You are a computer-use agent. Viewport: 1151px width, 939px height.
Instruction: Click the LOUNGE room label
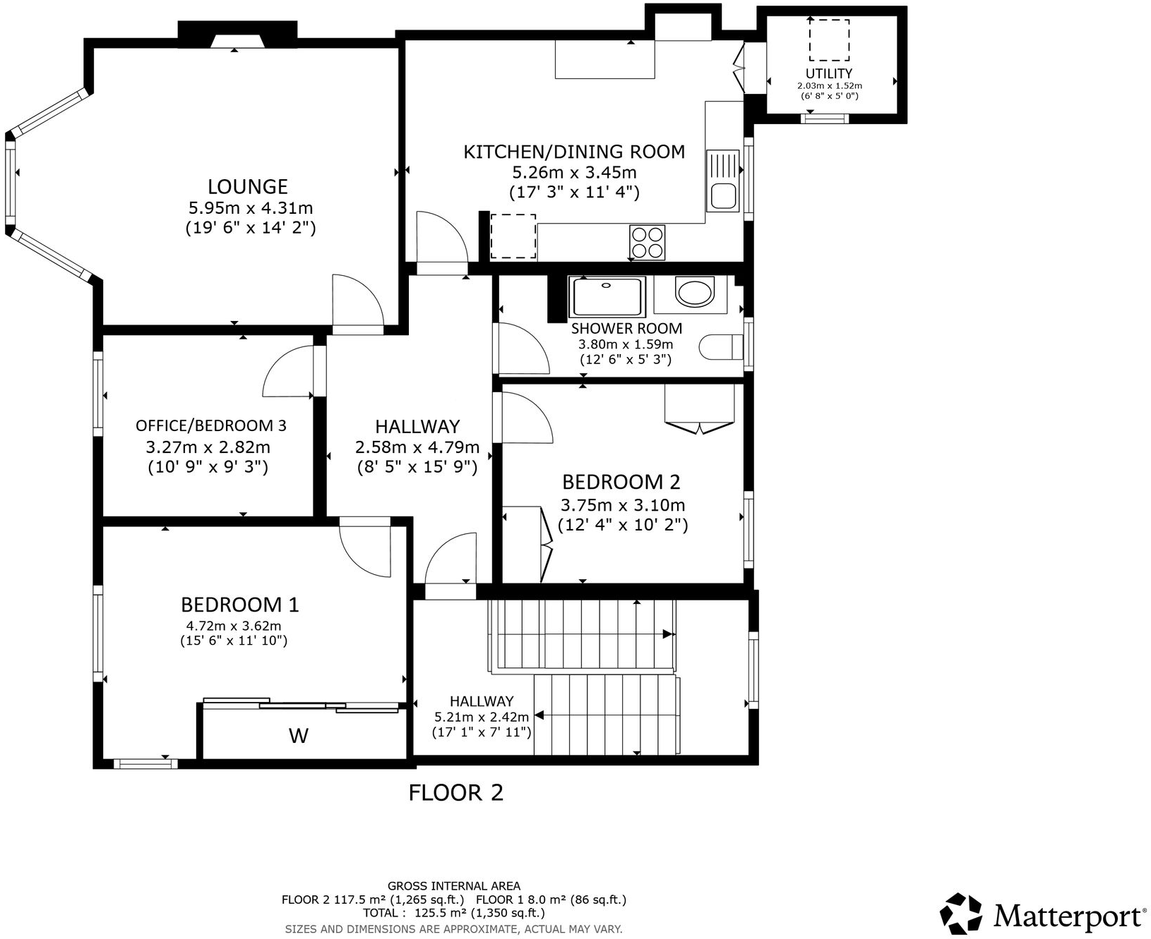(x=247, y=186)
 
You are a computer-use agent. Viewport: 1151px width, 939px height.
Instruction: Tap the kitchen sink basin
(x=723, y=195)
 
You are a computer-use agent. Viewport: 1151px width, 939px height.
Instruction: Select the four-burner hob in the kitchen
(x=648, y=242)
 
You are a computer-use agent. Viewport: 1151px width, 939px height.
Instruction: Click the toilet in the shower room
(x=720, y=347)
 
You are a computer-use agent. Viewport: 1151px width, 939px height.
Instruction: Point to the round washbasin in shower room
(x=694, y=292)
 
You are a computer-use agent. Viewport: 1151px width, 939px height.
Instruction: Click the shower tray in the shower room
(x=607, y=297)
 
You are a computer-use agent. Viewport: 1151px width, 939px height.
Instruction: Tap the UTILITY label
(x=829, y=73)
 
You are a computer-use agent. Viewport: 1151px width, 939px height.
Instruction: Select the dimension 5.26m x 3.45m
(x=574, y=172)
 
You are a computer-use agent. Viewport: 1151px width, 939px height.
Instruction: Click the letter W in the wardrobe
(x=299, y=736)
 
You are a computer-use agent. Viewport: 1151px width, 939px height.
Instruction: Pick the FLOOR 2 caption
(x=456, y=792)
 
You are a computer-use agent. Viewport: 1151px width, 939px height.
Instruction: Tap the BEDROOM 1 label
(x=240, y=605)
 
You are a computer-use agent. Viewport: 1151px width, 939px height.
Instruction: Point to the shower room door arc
(x=524, y=349)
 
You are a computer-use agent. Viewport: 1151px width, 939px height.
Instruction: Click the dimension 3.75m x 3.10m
(x=622, y=505)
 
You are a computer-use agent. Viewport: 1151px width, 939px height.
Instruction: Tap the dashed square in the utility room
(x=829, y=40)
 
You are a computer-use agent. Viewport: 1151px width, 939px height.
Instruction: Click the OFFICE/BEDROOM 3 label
(x=210, y=425)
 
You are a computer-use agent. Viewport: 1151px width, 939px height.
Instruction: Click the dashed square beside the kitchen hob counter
(x=513, y=236)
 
